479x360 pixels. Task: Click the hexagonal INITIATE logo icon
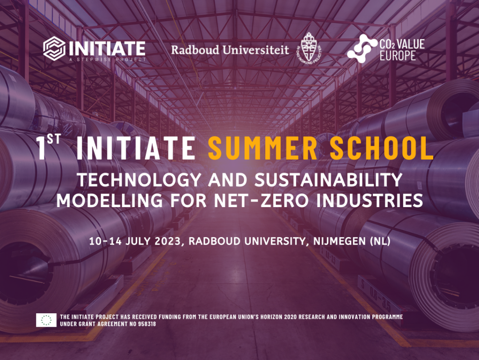tap(54, 48)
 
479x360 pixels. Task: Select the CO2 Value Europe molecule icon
tap(362, 49)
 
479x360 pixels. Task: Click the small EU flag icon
tap(46, 320)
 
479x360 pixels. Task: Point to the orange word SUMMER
tap(263, 148)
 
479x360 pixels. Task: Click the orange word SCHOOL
tap(382, 148)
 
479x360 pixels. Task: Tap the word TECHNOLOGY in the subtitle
tap(139, 180)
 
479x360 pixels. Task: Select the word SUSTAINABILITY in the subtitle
tap(328, 180)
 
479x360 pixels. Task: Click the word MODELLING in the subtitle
tap(109, 201)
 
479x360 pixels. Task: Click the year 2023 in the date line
tap(168, 241)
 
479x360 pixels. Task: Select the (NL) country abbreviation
tap(380, 241)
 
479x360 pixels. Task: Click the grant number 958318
tap(147, 324)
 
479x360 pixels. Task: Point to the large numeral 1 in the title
tap(41, 148)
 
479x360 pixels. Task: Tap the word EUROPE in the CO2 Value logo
tap(398, 56)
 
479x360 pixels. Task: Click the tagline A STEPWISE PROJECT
tap(108, 59)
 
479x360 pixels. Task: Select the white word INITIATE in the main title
tap(136, 148)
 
